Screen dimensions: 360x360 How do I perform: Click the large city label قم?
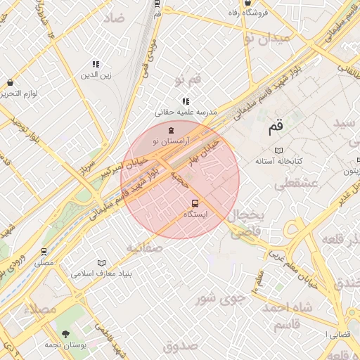click(x=275, y=127)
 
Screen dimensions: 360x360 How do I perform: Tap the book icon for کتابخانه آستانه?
click(x=278, y=151)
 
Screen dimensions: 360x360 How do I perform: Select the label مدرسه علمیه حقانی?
click(x=186, y=112)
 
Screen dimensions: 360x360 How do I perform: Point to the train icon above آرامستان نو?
click(x=169, y=130)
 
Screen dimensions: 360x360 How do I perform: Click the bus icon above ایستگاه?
click(x=195, y=202)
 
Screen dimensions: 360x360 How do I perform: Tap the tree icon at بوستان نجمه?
click(x=66, y=334)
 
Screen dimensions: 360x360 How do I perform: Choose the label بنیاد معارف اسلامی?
click(x=102, y=272)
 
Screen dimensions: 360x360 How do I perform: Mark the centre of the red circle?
click(x=180, y=179)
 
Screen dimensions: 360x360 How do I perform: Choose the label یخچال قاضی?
click(x=247, y=221)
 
